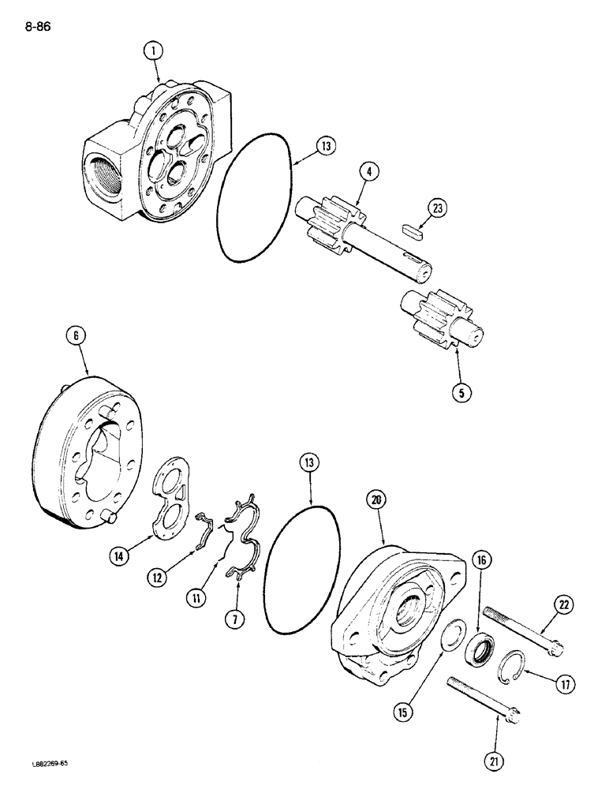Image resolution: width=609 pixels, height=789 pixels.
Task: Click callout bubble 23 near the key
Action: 439,209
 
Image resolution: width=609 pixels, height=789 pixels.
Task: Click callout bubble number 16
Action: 482,561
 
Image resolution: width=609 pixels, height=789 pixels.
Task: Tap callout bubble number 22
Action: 564,605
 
